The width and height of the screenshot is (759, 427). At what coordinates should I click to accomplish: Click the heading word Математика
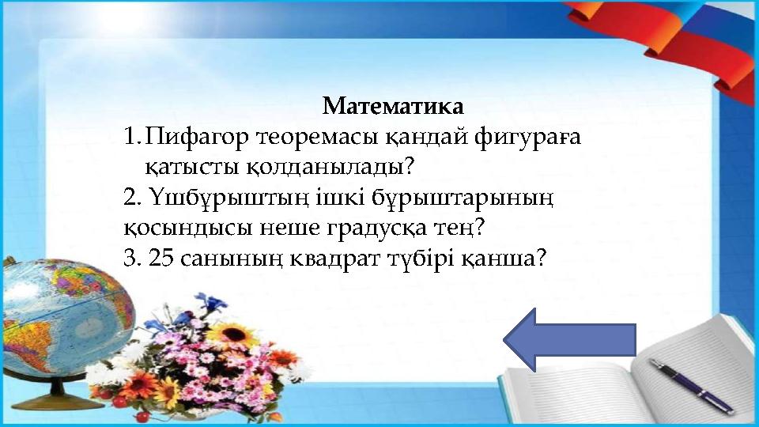(x=393, y=105)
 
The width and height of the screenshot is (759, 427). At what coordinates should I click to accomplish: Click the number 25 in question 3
(x=162, y=259)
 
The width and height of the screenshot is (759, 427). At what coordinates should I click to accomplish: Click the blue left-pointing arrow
(x=569, y=339)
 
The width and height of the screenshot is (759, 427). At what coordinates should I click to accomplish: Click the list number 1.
(x=131, y=138)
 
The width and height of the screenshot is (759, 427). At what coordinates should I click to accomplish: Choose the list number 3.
(x=131, y=259)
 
